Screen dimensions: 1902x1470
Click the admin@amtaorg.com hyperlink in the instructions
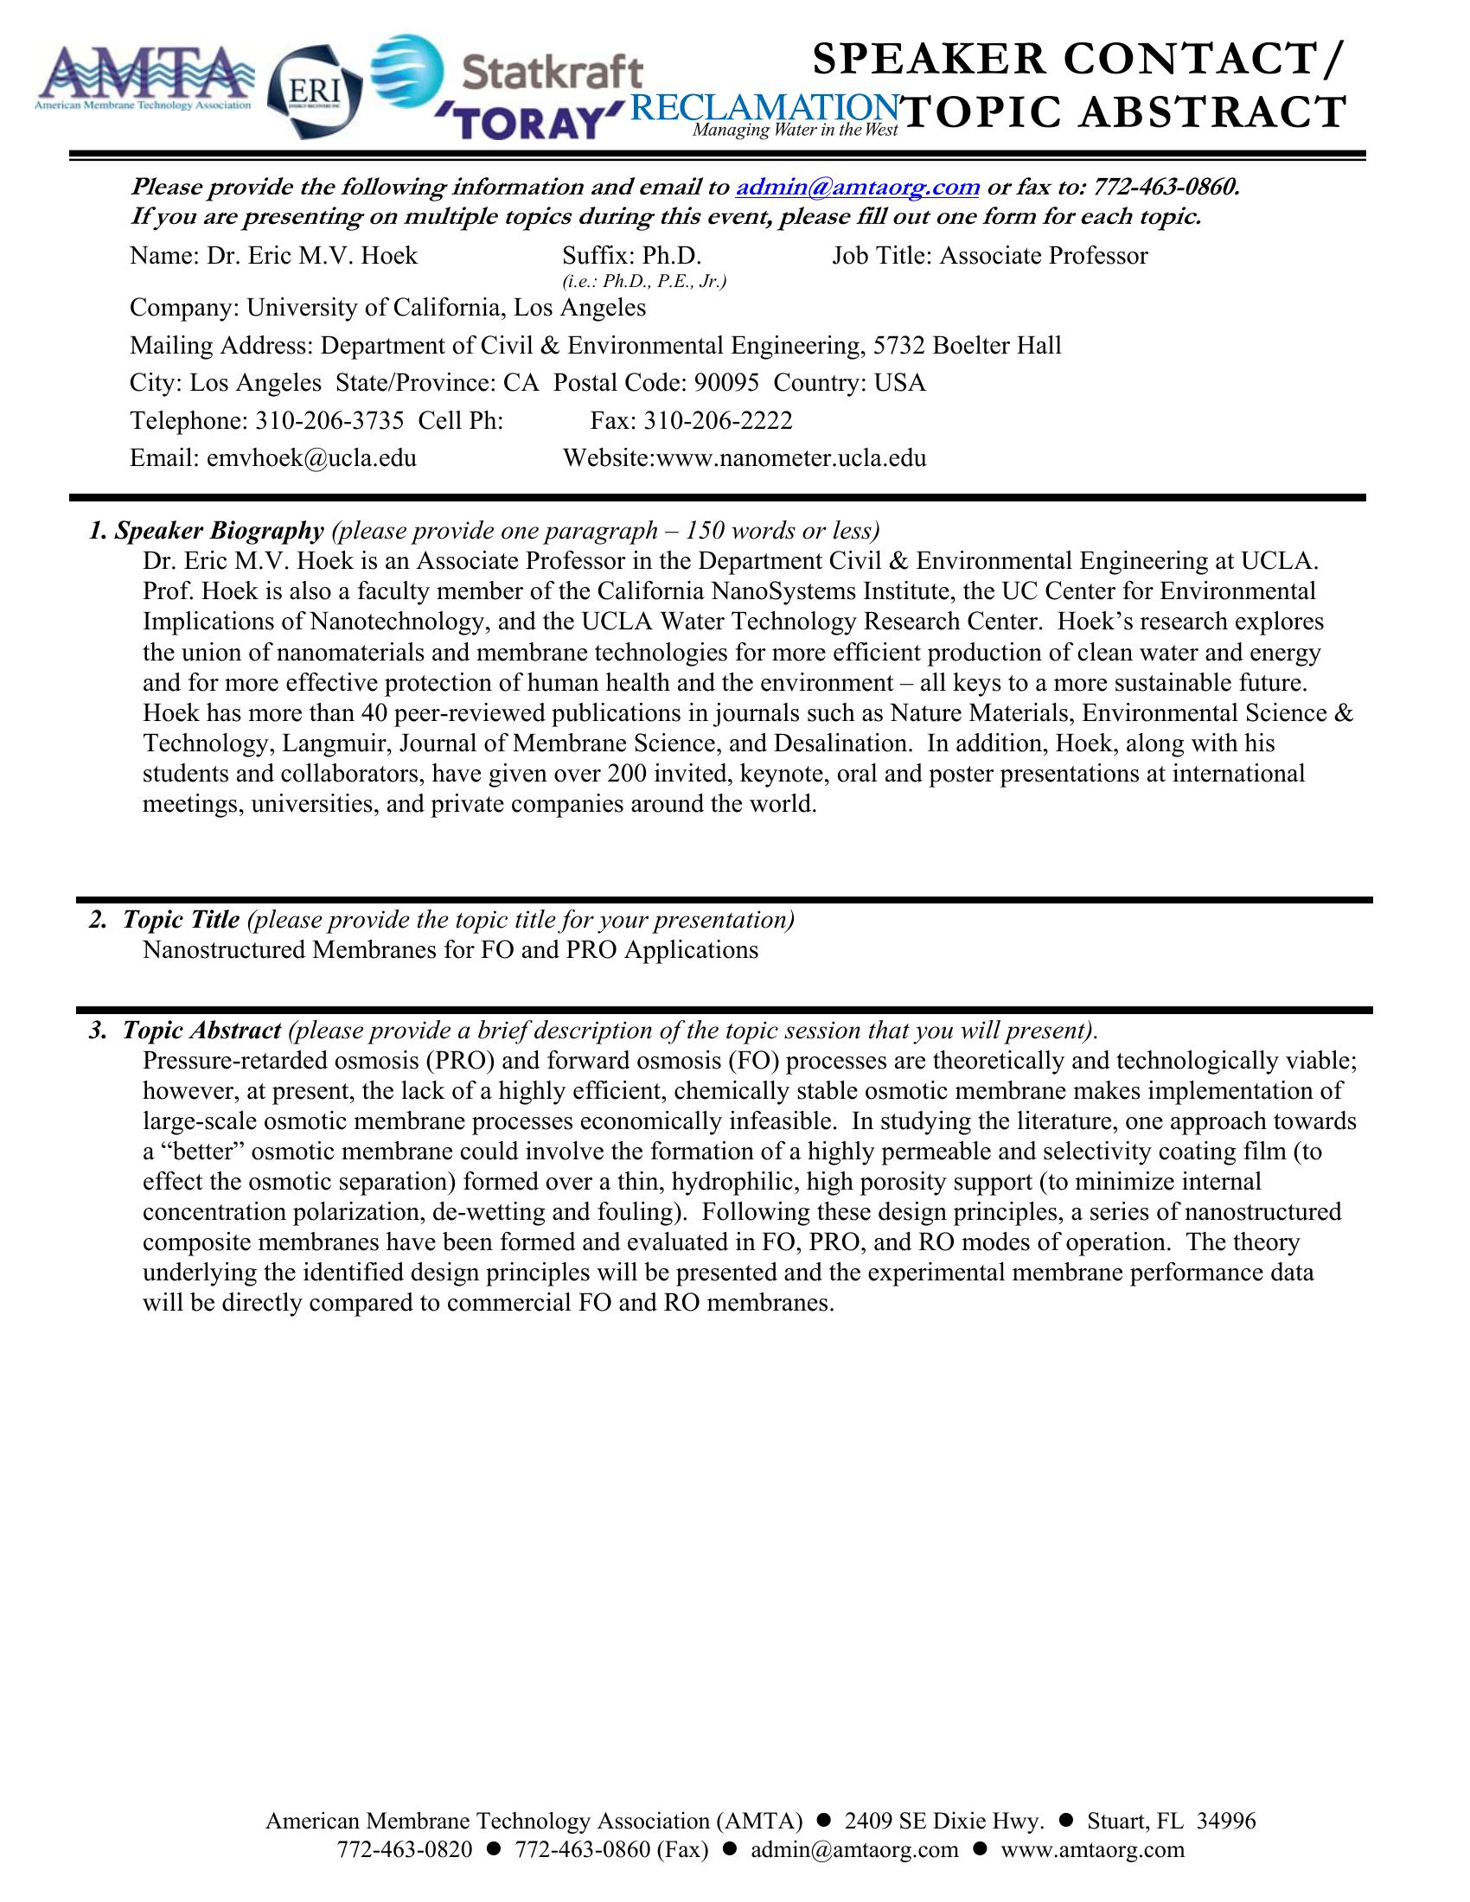(858, 188)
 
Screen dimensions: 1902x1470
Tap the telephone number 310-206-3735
(329, 422)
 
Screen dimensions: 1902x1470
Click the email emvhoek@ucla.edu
(311, 459)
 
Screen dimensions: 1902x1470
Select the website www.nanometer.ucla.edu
(789, 459)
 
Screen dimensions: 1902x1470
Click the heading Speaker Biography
(219, 531)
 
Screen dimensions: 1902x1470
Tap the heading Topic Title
(180, 920)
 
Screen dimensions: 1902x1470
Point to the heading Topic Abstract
(201, 1031)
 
